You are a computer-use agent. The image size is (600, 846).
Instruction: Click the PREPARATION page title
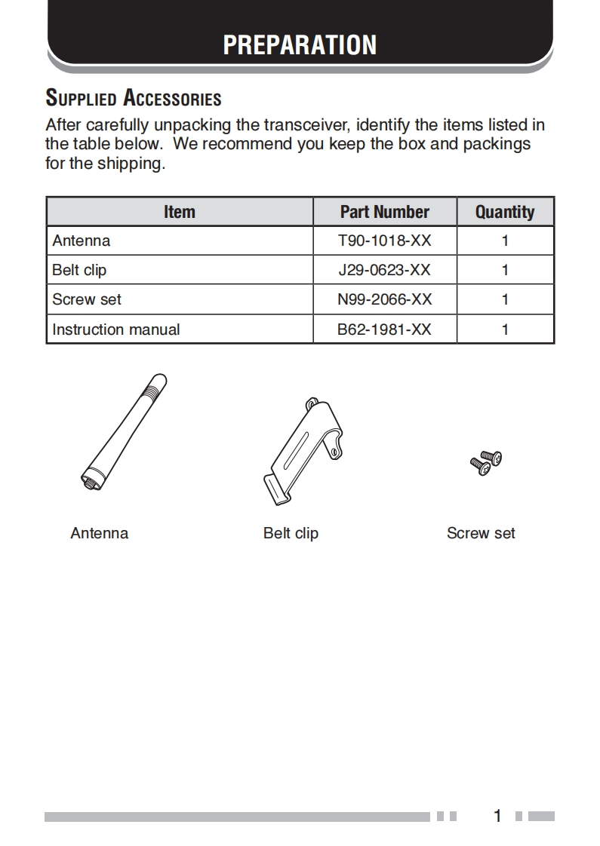click(300, 44)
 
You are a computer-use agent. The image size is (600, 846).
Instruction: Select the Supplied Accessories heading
click(134, 98)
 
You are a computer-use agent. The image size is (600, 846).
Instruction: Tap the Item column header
click(180, 212)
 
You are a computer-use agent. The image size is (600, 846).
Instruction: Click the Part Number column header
click(384, 212)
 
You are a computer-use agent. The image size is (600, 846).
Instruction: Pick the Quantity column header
click(505, 212)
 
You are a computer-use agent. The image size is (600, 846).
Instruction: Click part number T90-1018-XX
click(384, 241)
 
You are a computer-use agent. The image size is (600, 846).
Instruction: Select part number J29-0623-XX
click(384, 270)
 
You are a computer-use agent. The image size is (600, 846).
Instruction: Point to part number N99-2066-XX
click(384, 299)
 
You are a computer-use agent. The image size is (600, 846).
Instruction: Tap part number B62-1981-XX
click(384, 330)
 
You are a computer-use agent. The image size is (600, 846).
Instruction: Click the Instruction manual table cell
click(116, 330)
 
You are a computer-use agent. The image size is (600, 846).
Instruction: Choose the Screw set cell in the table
click(87, 299)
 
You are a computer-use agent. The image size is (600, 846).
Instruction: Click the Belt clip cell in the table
click(79, 270)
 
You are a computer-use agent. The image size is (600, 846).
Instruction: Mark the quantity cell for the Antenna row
click(505, 241)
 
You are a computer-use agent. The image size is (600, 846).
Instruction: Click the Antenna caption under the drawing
click(100, 533)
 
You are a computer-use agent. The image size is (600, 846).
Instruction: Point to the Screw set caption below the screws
click(481, 533)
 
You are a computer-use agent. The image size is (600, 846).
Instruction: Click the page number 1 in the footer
click(497, 816)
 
